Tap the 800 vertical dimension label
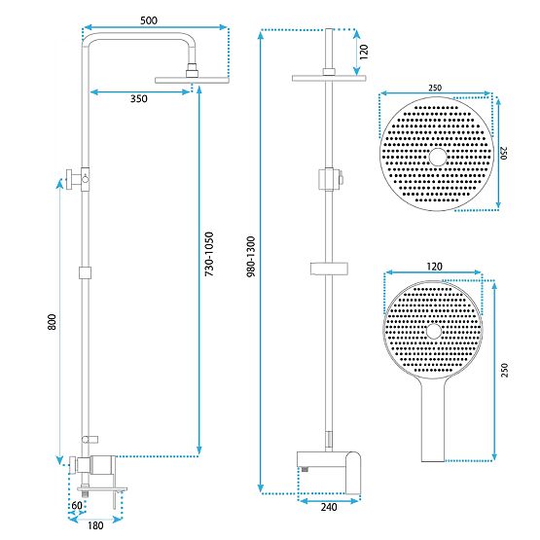tap(52, 322)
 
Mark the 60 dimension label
tap(76, 505)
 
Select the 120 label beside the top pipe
tap(363, 51)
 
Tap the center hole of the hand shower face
tap(433, 333)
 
